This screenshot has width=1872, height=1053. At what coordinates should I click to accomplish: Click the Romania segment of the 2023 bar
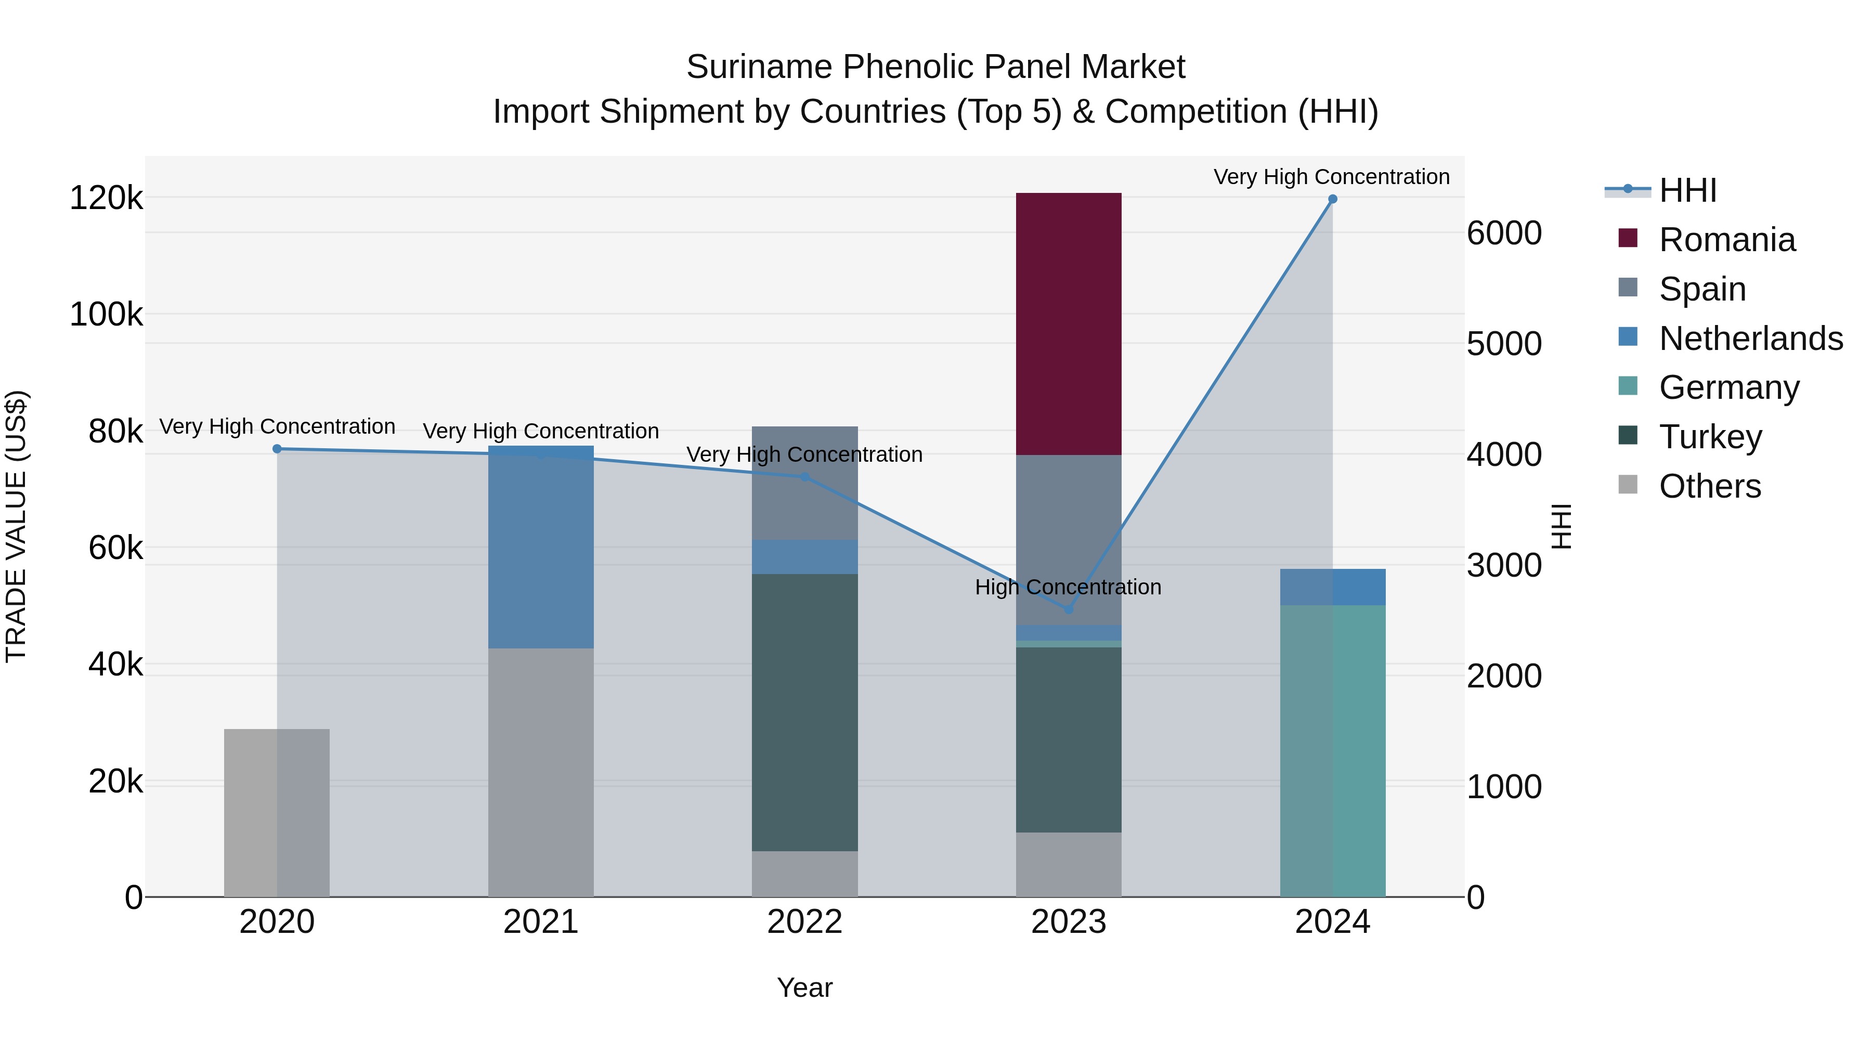(1068, 323)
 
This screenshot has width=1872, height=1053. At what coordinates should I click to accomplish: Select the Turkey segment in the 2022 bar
(804, 712)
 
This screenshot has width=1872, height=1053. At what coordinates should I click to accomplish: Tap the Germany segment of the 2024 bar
(1332, 751)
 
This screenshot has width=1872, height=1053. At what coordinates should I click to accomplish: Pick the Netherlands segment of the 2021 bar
(541, 547)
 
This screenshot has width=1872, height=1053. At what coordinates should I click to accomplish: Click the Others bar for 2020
(276, 812)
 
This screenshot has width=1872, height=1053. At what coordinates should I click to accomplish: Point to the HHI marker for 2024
(1332, 199)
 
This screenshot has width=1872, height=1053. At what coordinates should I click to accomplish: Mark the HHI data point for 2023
(1068, 609)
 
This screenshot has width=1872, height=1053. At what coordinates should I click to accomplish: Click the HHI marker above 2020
(277, 449)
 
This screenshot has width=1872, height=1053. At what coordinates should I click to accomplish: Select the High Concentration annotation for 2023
(1068, 587)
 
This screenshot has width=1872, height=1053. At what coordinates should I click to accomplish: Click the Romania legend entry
(1726, 240)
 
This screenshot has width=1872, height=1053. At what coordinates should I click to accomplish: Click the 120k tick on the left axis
(106, 198)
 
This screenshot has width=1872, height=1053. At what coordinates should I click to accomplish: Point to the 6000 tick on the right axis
(1503, 233)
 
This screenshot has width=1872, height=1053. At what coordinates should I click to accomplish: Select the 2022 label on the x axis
(804, 922)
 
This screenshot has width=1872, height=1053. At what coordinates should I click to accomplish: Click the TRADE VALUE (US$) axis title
(16, 526)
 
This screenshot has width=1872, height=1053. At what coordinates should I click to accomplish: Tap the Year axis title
(804, 987)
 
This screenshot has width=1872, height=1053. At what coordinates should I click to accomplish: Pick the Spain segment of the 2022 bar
(804, 483)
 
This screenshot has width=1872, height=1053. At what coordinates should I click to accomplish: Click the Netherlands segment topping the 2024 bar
(1332, 587)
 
